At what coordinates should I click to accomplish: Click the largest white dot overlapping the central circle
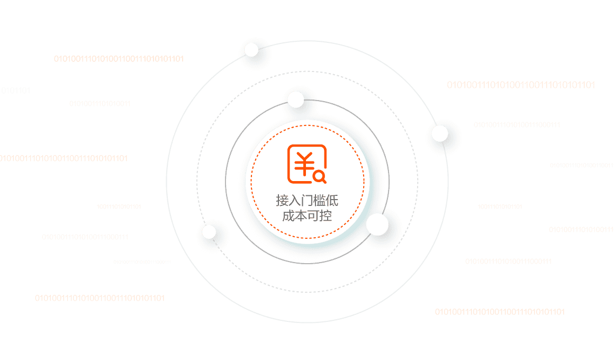(x=377, y=224)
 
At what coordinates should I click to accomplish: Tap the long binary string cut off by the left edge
(x=64, y=158)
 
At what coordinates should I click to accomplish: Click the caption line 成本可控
(x=307, y=216)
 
